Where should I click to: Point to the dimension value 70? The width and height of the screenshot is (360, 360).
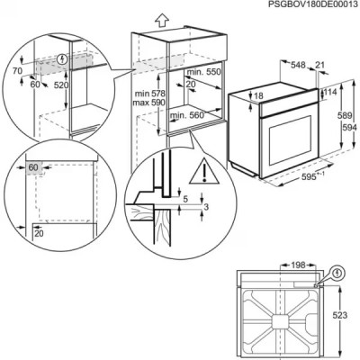pos(16,67)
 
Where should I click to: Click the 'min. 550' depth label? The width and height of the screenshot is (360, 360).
pos(203,70)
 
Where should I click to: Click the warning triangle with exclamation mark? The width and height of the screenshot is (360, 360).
pos(211,167)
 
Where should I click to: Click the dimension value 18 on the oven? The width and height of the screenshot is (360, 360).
pos(259,96)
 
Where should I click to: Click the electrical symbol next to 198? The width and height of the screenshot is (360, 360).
pos(337,269)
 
